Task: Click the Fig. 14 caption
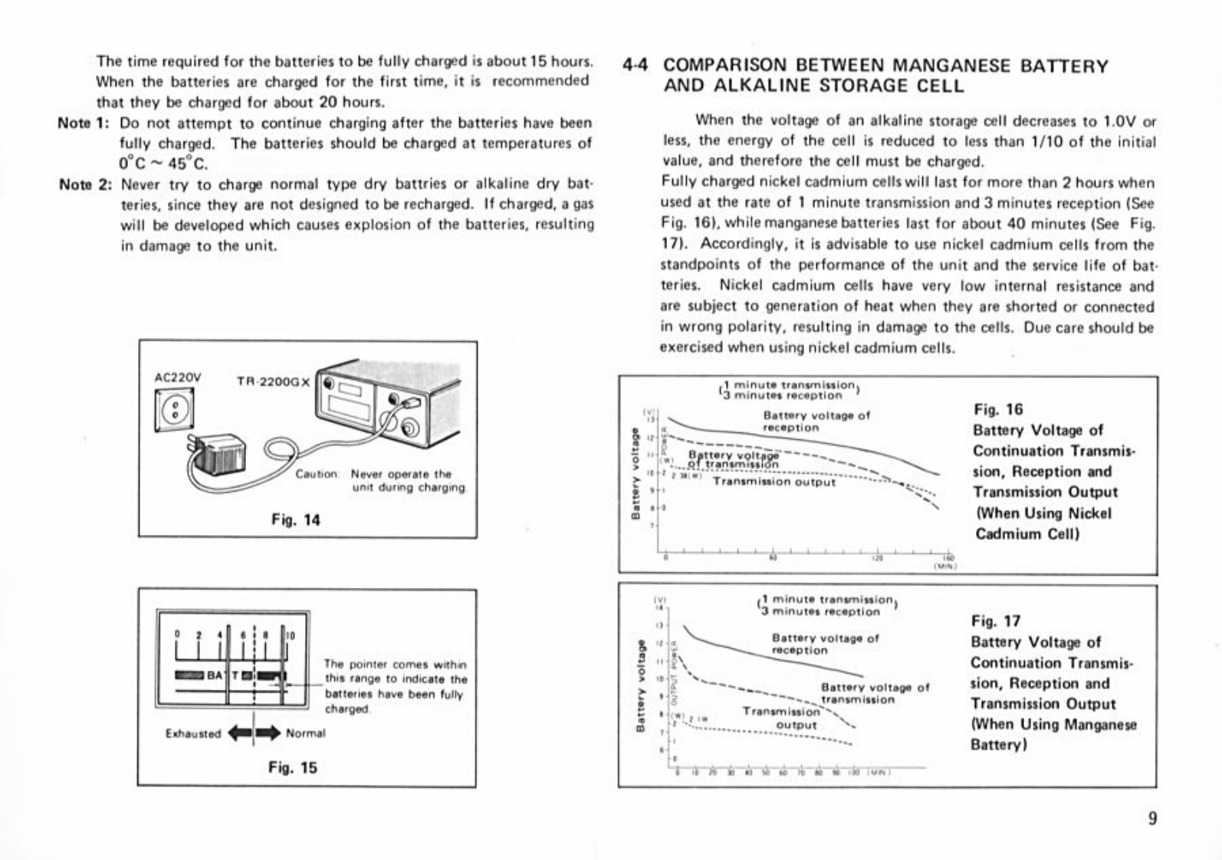click(296, 520)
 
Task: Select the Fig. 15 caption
click(293, 767)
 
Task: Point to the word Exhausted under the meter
click(192, 734)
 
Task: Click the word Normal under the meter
click(305, 734)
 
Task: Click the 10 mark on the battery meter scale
click(291, 635)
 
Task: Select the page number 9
click(1152, 819)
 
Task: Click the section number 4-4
click(636, 66)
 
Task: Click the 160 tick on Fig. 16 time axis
click(948, 559)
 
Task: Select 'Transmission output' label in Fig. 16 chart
click(774, 482)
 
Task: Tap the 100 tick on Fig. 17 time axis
click(856, 772)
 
